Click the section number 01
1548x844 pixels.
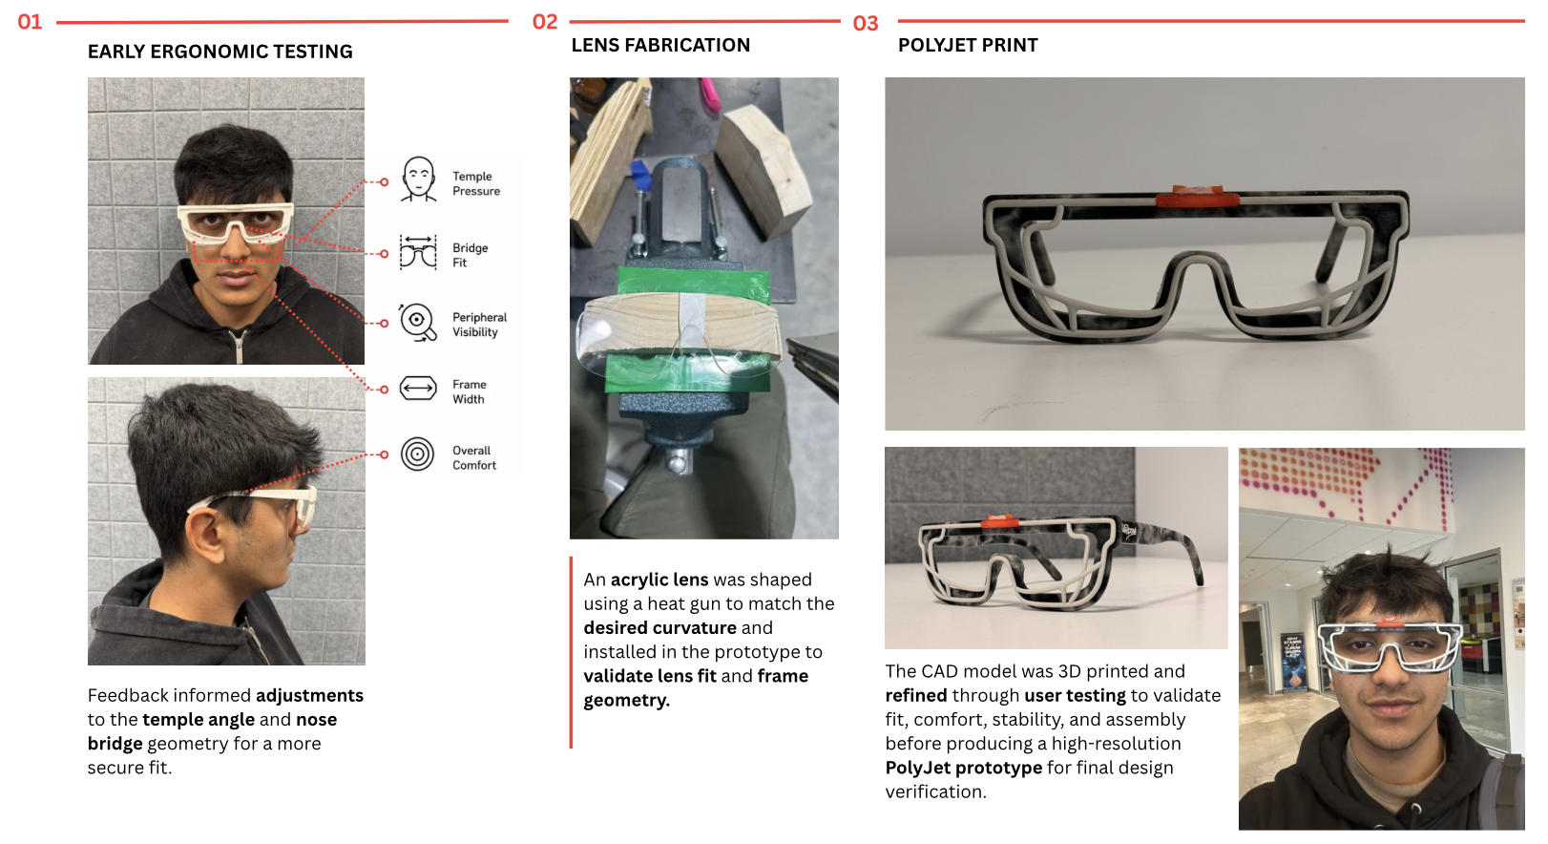pyautogui.click(x=30, y=22)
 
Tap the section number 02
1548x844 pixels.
pyautogui.click(x=545, y=22)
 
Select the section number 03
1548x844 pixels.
pyautogui.click(x=866, y=24)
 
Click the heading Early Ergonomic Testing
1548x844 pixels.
pyautogui.click(x=220, y=52)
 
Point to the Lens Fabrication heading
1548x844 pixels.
pyautogui.click(x=660, y=46)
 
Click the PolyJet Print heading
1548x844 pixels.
pyautogui.click(x=968, y=46)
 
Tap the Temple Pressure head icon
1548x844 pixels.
pyautogui.click(x=419, y=179)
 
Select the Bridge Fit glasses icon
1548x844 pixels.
pyautogui.click(x=418, y=253)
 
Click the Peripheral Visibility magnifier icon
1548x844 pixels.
pyautogui.click(x=417, y=322)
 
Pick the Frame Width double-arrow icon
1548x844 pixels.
pyautogui.click(x=418, y=389)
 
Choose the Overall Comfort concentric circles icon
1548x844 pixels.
pyautogui.click(x=417, y=454)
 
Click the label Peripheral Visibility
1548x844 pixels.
pyautogui.click(x=479, y=325)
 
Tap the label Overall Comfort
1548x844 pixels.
pyautogui.click(x=474, y=457)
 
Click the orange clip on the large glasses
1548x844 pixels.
pyautogui.click(x=1197, y=197)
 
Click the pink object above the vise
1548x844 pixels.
pyautogui.click(x=710, y=94)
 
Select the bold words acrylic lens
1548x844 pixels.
pyautogui.click(x=659, y=580)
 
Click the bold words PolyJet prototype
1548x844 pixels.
pyautogui.click(x=963, y=768)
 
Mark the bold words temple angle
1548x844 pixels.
pyautogui.click(x=199, y=720)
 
